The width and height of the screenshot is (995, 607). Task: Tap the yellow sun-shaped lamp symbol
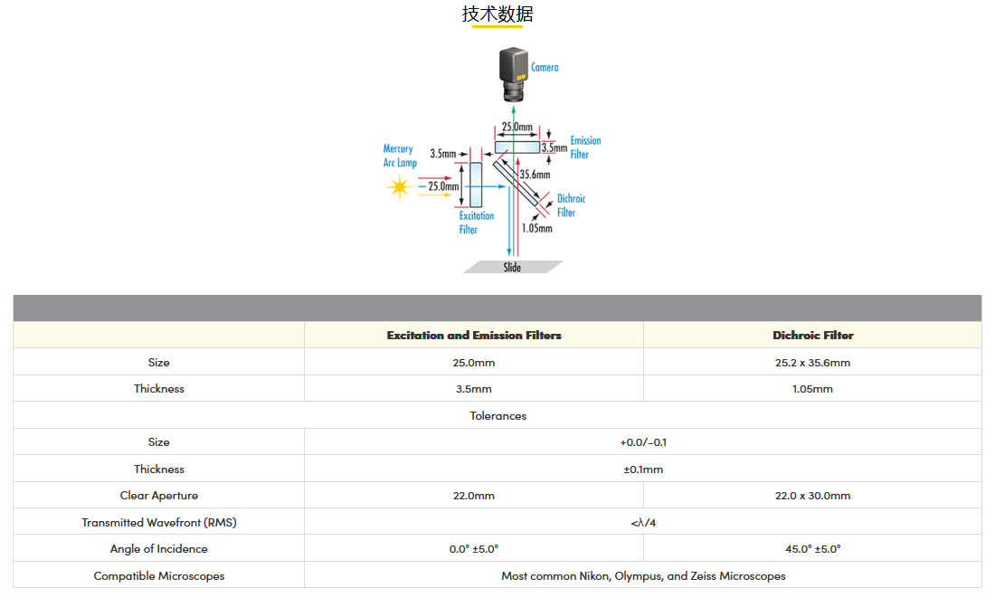click(x=399, y=187)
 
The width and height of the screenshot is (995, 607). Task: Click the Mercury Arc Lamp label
click(x=398, y=156)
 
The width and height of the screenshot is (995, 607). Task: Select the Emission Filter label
click(x=585, y=147)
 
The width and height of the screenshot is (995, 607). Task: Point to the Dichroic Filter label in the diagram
click(x=570, y=205)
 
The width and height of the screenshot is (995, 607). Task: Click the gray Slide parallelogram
click(x=513, y=267)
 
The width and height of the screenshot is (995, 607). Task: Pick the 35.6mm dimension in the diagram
click(x=535, y=175)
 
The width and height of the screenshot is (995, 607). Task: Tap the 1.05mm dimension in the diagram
click(x=536, y=229)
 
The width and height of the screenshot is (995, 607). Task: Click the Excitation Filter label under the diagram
click(x=476, y=223)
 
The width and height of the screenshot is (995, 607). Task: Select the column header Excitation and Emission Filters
click(x=474, y=336)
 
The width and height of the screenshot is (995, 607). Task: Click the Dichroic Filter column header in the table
click(x=812, y=336)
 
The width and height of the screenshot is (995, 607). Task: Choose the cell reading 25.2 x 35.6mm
click(x=812, y=363)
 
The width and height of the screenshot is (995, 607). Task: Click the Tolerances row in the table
click(x=497, y=416)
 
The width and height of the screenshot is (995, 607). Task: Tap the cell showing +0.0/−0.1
click(x=643, y=442)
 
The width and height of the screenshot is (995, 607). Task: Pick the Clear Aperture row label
click(x=159, y=496)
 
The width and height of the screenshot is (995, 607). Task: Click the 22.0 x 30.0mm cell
click(x=812, y=496)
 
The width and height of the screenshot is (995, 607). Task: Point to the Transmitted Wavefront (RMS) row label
click(x=159, y=522)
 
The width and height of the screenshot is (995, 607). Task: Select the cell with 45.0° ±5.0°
click(x=812, y=549)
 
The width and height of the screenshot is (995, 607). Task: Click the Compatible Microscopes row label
click(x=159, y=575)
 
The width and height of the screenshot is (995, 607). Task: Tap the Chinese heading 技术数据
click(x=497, y=14)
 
